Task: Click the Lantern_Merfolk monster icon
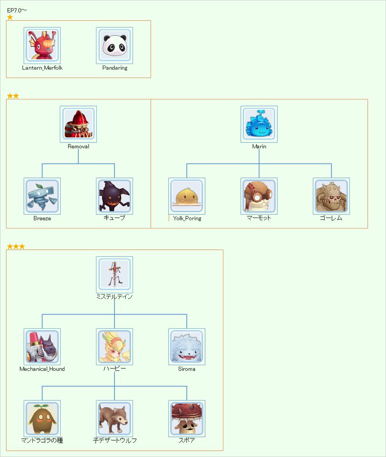[x=42, y=45]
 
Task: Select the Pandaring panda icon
[x=114, y=45]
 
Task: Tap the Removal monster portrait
[x=78, y=124]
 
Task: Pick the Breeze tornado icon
[x=42, y=196]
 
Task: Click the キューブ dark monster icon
[x=114, y=196]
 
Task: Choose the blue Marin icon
[x=259, y=124]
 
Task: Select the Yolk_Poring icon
[x=187, y=196]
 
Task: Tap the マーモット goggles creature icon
[x=259, y=196]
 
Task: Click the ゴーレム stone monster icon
[x=332, y=196]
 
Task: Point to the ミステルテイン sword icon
[x=114, y=275]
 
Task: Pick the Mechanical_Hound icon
[x=42, y=347]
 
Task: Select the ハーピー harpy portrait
[x=114, y=347]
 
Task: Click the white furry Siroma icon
[x=187, y=347]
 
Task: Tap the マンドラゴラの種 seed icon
[x=42, y=419]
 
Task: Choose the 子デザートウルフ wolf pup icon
[x=114, y=419]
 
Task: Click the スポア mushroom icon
[x=187, y=419]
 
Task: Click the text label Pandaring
[x=115, y=68]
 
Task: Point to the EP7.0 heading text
[x=17, y=10]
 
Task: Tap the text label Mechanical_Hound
[x=42, y=369]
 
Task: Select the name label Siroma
[x=187, y=369]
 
